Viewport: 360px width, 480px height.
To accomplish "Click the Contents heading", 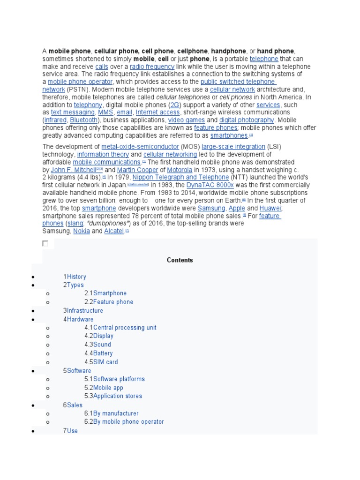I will (x=180, y=260).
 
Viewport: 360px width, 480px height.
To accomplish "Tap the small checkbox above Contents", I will (x=45, y=243).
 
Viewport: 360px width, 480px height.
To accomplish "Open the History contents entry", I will (x=76, y=277).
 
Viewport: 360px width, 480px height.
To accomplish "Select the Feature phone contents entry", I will (x=113, y=302).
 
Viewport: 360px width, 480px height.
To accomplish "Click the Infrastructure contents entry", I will (x=85, y=310).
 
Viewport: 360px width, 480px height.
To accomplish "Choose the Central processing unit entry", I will (x=125, y=327).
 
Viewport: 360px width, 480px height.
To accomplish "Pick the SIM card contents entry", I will (x=105, y=362).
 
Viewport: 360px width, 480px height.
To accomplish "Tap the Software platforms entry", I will (x=119, y=379).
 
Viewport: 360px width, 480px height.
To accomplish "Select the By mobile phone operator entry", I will (x=128, y=421).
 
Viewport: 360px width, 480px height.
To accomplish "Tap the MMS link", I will (x=105, y=112).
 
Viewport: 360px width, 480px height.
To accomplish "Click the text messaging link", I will (x=73, y=112).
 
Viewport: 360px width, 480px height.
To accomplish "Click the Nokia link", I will (x=82, y=231).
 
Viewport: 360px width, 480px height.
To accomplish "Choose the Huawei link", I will (x=270, y=208).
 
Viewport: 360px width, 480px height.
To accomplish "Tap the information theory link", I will (x=103, y=154).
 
